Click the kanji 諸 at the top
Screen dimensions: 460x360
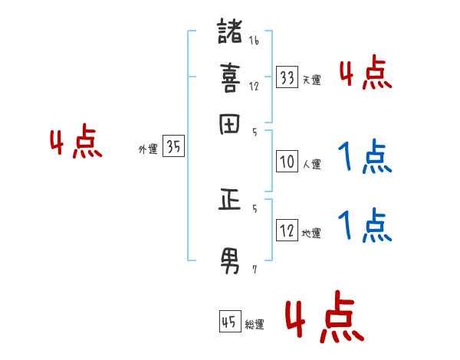[230, 34]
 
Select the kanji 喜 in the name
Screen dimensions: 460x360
[230, 77]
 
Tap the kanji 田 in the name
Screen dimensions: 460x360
[230, 125]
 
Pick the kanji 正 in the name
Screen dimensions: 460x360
[230, 201]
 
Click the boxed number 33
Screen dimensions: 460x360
[287, 77]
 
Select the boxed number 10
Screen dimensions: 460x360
[287, 162]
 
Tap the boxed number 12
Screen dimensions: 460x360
[287, 231]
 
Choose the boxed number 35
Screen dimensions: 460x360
[173, 147]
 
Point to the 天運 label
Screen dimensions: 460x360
[311, 80]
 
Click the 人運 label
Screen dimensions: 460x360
[311, 164]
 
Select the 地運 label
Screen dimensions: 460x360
[311, 233]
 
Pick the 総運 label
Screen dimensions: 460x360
[255, 324]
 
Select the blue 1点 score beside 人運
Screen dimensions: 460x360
[365, 158]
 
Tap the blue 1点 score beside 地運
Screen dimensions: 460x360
[365, 225]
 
